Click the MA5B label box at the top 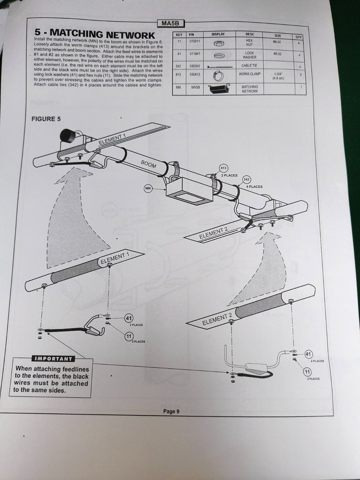tap(167, 23)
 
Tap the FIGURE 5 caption tap(45, 118)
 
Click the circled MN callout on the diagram tap(148, 188)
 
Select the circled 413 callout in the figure tap(224, 168)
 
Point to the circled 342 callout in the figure tap(246, 179)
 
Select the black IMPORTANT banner tap(53, 358)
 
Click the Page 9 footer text tap(170, 411)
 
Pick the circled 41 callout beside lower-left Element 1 tap(129, 318)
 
